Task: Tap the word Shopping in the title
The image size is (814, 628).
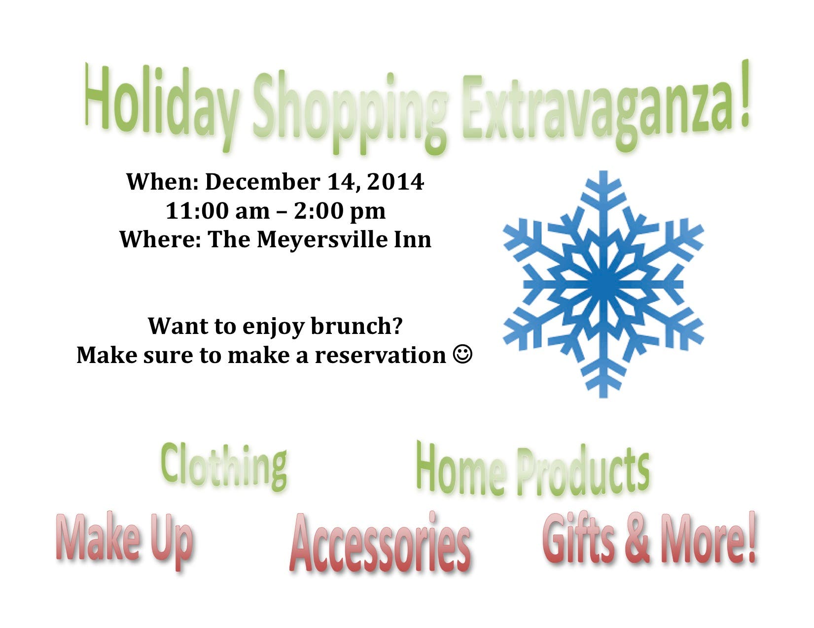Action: tap(350, 113)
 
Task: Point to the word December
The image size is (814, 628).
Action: tap(262, 182)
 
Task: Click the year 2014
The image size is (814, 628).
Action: tap(395, 182)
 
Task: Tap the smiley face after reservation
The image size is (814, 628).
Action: tap(462, 354)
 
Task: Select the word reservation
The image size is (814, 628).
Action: tap(380, 355)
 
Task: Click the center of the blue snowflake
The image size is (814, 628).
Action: tap(603, 284)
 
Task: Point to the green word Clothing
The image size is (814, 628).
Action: tap(224, 467)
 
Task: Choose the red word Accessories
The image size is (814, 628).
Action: tap(380, 543)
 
